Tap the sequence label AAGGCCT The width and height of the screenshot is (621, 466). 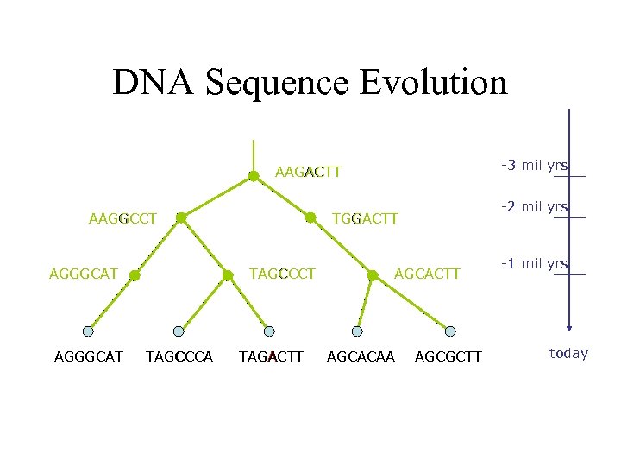pyautogui.click(x=122, y=218)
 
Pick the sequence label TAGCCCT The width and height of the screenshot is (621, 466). pyautogui.click(x=282, y=274)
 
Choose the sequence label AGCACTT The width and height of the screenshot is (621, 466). pyautogui.click(x=428, y=274)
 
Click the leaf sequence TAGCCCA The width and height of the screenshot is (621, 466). pyautogui.click(x=179, y=356)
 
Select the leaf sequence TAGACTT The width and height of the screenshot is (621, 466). pyautogui.click(x=271, y=356)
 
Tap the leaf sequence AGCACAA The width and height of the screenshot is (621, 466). pyautogui.click(x=361, y=356)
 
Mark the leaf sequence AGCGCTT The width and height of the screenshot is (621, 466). pyautogui.click(x=448, y=356)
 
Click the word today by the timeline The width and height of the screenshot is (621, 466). pyautogui.click(x=568, y=353)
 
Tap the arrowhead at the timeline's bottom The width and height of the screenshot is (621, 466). pyautogui.click(x=568, y=327)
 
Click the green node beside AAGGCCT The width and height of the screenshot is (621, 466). pyautogui.click(x=181, y=218)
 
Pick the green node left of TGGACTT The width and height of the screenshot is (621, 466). pyautogui.click(x=310, y=218)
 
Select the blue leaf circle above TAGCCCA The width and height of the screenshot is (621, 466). pyautogui.click(x=179, y=331)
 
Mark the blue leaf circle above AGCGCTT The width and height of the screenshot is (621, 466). pyautogui.click(x=451, y=331)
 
